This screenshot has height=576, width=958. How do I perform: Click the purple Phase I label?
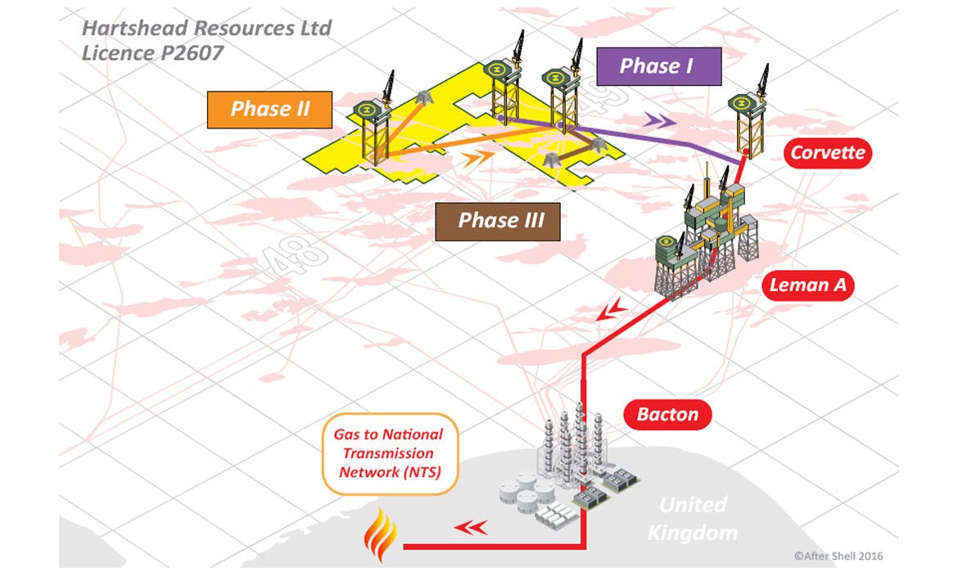(657, 66)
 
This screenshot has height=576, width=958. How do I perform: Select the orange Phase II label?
(269, 109)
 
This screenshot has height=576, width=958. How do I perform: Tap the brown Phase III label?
(498, 220)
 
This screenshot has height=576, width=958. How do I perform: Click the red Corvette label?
(827, 152)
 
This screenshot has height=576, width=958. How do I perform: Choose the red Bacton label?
(667, 414)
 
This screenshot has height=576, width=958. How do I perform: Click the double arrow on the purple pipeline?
(659, 120)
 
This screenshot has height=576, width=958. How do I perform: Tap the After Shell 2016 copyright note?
(838, 556)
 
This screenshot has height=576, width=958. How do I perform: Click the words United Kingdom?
(692, 519)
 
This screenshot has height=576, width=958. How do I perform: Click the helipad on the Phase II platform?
(367, 109)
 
